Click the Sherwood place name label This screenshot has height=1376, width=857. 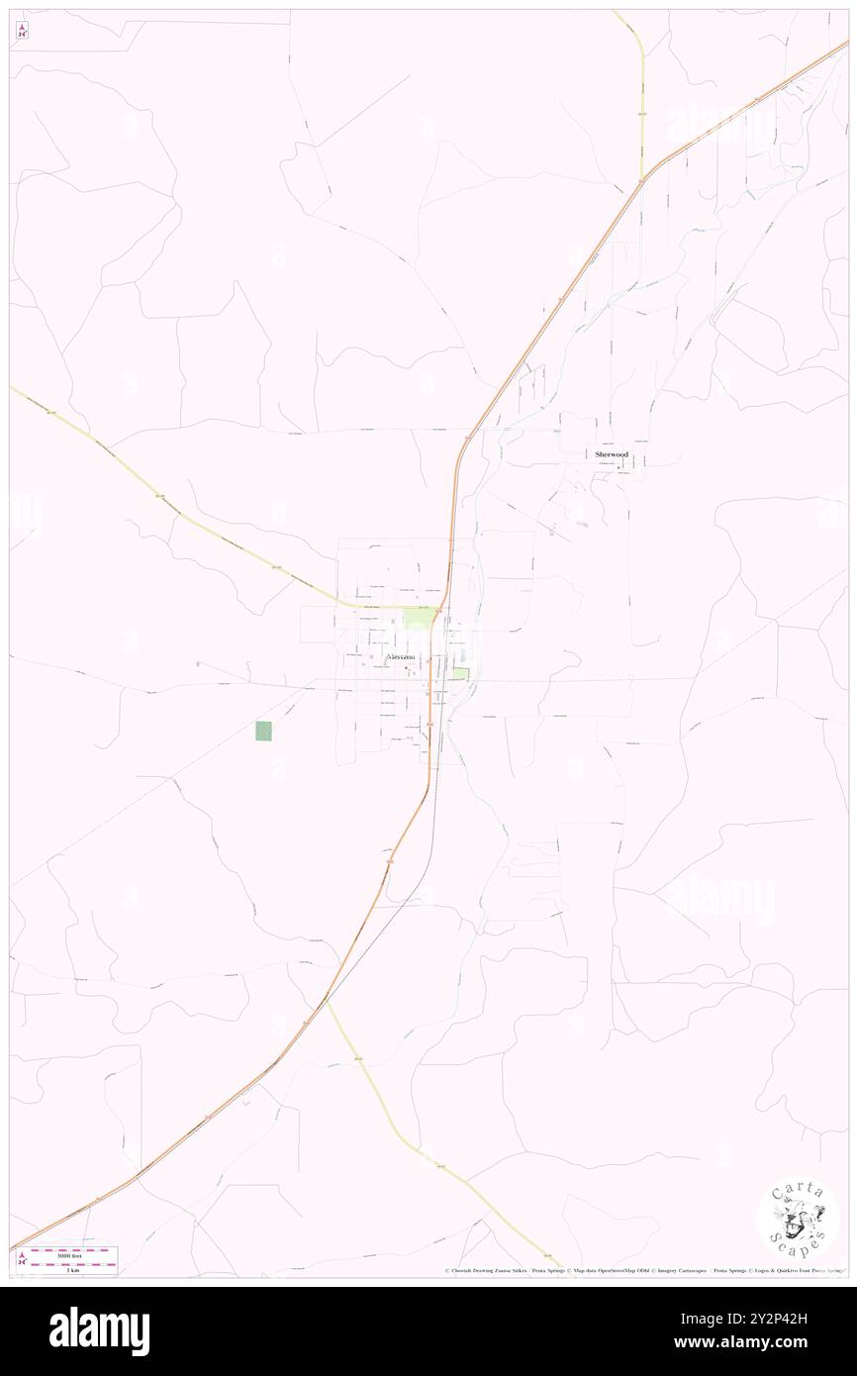point(611,454)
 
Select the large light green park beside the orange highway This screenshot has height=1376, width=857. point(417,618)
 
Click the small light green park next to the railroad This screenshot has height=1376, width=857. point(460,674)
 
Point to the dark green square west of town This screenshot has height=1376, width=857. point(263,731)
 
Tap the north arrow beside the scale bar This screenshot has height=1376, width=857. point(22,1259)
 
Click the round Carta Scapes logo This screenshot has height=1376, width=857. point(798,1219)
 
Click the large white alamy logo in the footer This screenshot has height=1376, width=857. point(99,1331)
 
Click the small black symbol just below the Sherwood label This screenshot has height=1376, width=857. point(619,466)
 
